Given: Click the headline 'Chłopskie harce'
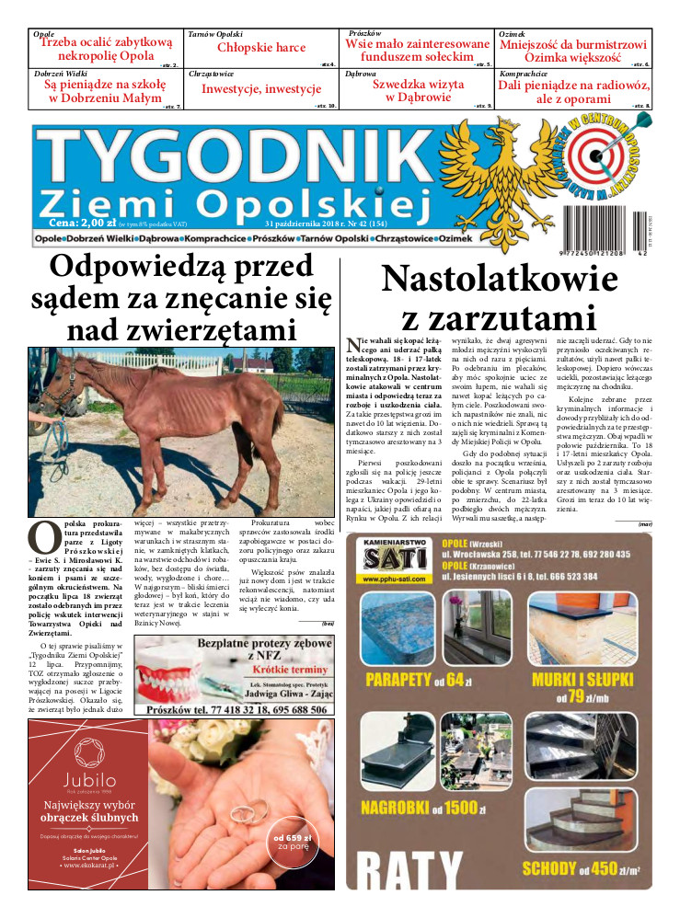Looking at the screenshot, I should (261, 48).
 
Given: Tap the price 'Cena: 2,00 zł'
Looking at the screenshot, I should (85, 223).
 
